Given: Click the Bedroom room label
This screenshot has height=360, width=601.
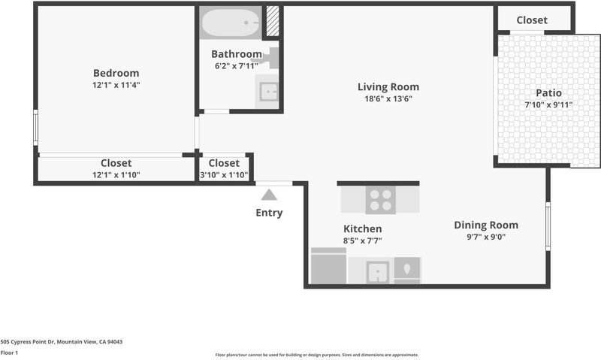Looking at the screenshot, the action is [116, 73].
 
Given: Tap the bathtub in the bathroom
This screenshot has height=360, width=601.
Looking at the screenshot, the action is [231, 23].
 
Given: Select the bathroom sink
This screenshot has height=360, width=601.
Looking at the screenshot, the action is [268, 92].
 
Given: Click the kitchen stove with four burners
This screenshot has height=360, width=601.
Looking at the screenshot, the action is [381, 200].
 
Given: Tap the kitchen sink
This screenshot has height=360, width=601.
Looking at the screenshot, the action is [378, 272].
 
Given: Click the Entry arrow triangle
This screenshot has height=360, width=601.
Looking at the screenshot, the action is [269, 195].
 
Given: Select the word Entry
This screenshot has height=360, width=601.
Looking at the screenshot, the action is [269, 213].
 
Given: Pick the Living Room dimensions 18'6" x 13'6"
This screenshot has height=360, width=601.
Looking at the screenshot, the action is [388, 99].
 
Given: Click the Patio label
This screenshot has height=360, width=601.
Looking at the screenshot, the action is [549, 92].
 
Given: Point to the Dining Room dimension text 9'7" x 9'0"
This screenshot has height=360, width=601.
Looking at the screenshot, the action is [486, 237].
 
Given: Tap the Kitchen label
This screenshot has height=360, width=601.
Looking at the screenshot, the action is [363, 229].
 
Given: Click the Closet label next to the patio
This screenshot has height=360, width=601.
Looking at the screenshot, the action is [532, 20].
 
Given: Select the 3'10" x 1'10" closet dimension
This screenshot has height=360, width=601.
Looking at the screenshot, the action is [224, 175].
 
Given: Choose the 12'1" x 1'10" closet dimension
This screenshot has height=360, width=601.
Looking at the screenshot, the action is [116, 175].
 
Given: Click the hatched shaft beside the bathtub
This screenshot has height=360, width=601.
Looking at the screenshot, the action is [273, 22].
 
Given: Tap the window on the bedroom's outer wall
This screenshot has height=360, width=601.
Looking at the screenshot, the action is [35, 128].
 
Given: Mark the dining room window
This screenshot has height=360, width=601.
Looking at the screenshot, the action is [548, 226].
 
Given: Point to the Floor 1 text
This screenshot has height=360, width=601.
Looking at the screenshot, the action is [9, 352].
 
